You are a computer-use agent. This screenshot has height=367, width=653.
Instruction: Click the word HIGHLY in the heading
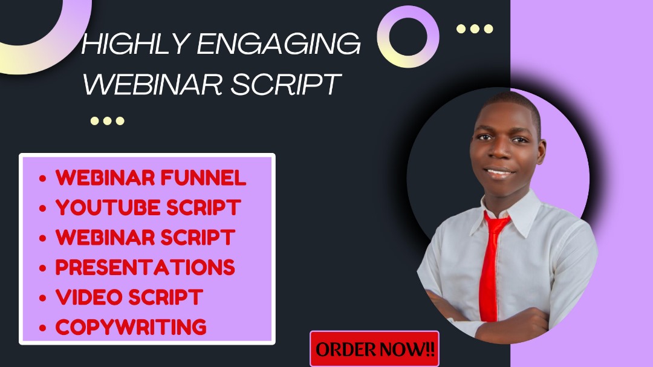[x=136, y=44]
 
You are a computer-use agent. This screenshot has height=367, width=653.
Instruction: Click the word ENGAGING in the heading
[x=279, y=44]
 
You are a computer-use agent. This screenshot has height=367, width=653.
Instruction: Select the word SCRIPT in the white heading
[x=285, y=83]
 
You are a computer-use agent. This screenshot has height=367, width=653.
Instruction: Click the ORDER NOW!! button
[x=374, y=349]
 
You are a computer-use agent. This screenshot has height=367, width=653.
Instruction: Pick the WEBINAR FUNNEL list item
[x=151, y=178]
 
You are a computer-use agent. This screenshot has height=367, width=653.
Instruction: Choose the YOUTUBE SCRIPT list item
[x=148, y=207]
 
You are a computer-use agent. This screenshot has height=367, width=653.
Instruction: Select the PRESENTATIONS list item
[x=145, y=267]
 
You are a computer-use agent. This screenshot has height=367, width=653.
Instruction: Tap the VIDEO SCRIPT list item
[x=129, y=297]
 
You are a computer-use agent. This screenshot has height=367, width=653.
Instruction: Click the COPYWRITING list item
[x=131, y=327]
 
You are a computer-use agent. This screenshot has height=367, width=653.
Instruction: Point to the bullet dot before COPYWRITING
[x=42, y=328]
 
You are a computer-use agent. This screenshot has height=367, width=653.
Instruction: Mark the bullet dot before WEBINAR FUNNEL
[x=42, y=179]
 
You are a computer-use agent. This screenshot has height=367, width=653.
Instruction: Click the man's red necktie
[x=492, y=267]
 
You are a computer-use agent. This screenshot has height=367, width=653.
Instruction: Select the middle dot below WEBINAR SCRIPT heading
[x=108, y=121]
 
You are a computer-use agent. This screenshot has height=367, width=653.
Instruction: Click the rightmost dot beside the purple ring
[x=489, y=29]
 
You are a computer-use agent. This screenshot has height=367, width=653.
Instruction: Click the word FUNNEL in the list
[x=203, y=178]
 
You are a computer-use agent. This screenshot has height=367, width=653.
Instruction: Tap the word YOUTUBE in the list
[x=108, y=207]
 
